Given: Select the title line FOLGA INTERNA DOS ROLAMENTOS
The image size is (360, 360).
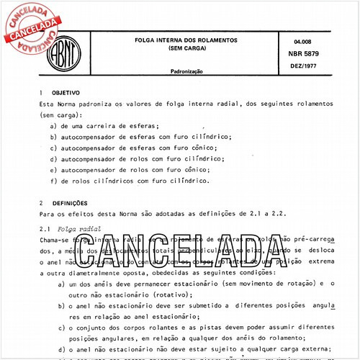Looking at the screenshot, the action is (192, 40).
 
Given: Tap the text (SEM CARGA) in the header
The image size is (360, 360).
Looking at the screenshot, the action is (191, 49).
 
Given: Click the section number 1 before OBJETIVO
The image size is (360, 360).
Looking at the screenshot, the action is (42, 93).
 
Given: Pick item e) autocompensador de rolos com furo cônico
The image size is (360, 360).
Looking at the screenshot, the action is (134, 170).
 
